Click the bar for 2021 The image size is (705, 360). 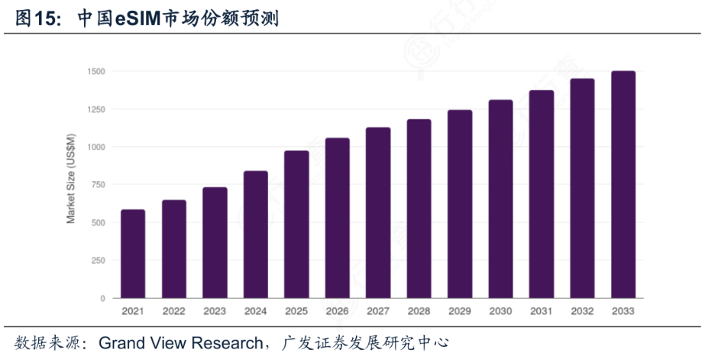point(133,253)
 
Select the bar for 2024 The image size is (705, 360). point(256,234)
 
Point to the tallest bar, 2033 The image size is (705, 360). point(623,184)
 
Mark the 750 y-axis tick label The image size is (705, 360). point(98,185)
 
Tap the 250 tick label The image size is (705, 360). point(98,260)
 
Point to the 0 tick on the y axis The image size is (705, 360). point(103,299)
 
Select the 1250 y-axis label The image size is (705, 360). point(96,110)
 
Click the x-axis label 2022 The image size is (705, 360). point(174,311)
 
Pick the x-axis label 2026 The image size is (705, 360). point(337,311)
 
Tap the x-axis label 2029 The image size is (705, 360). point(460,311)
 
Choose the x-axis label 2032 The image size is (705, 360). point(582,311)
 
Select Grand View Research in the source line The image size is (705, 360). point(180,343)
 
